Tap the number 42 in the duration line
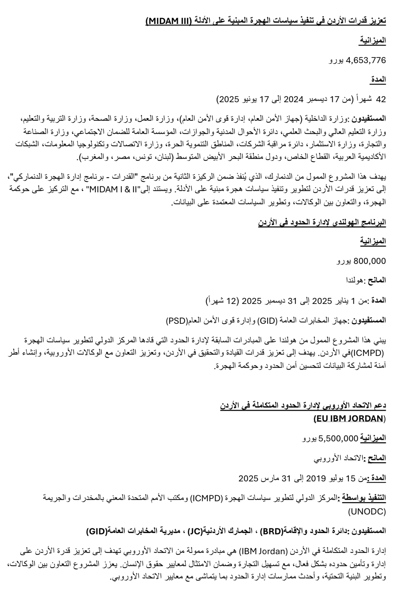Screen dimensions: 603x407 point(381,99)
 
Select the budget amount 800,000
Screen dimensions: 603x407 point(370,261)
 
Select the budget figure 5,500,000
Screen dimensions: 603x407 point(339,438)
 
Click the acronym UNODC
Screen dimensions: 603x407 point(367,512)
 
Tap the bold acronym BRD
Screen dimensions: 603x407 point(272,531)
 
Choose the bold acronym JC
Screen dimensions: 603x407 point(195,531)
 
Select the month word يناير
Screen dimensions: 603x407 point(345,300)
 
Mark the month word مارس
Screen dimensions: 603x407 point(268,478)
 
